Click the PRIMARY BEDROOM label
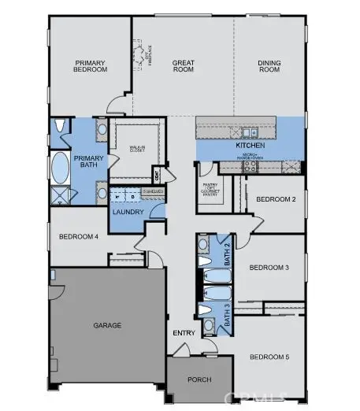coord(90,66)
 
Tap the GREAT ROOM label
coord(184,66)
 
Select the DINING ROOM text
coord(270,66)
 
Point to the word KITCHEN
coord(250,146)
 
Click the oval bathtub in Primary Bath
coord(60,168)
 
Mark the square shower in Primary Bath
coord(60,196)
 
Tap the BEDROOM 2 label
coord(276,199)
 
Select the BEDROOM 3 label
coord(269,268)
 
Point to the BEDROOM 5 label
coord(269,357)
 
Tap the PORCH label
coord(199,380)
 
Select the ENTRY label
coord(184,333)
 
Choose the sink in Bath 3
coord(208,324)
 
